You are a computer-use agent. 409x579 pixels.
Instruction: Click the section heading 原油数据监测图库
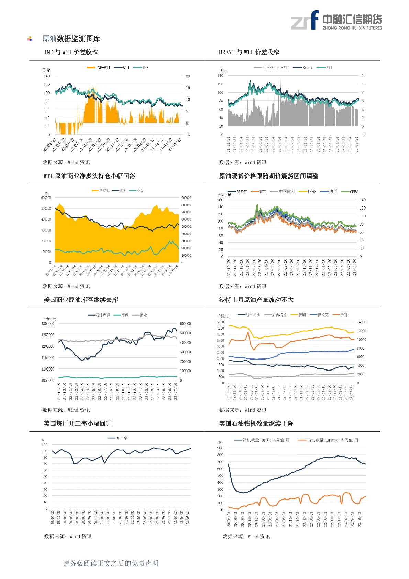pos(71,39)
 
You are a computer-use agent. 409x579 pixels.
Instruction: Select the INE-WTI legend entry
pos(99,68)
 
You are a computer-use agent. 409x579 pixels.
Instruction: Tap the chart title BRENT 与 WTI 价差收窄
pos(249,52)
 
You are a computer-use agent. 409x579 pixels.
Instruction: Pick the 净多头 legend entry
pos(101,191)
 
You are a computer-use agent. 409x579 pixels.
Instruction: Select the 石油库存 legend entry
pos(99,315)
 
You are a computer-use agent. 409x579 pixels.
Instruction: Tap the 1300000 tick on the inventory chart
pos(48,324)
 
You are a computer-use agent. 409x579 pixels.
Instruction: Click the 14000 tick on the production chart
pos(362,322)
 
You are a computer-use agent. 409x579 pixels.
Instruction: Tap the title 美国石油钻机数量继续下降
pos(256,423)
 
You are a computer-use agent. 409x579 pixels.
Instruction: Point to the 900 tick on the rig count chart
pos(220,448)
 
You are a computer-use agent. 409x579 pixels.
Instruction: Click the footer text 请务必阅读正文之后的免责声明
pos(111,563)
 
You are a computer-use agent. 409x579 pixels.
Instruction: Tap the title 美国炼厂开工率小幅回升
pos(78,423)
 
